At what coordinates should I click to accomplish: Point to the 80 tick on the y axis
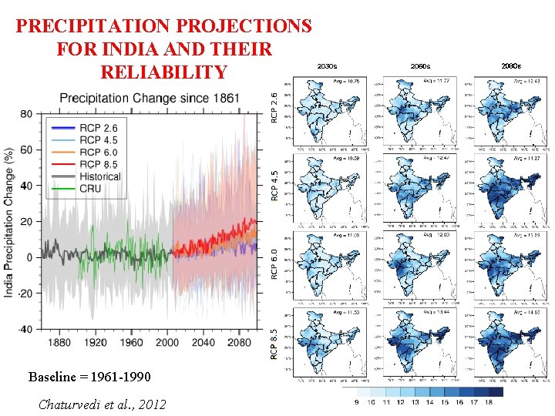pyautogui.click(x=25, y=114)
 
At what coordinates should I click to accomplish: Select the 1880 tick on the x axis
pyautogui.click(x=59, y=342)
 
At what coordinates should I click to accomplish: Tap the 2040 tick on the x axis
pyautogui.click(x=203, y=342)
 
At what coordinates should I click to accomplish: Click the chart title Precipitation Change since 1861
pyautogui.click(x=150, y=99)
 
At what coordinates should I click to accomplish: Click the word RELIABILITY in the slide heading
pyautogui.click(x=163, y=72)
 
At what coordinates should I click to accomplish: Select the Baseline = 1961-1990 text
pyautogui.click(x=85, y=377)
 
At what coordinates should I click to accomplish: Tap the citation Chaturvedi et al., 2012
pyautogui.click(x=101, y=404)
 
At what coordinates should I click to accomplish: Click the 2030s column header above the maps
pyautogui.click(x=328, y=67)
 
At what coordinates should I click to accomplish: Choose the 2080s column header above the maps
pyautogui.click(x=511, y=67)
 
